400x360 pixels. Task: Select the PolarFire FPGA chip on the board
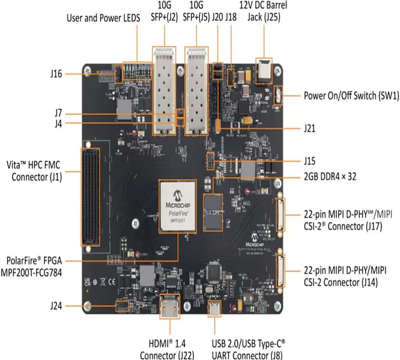(179, 206)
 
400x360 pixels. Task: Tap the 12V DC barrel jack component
(264, 71)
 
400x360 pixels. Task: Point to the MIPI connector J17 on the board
(279, 216)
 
